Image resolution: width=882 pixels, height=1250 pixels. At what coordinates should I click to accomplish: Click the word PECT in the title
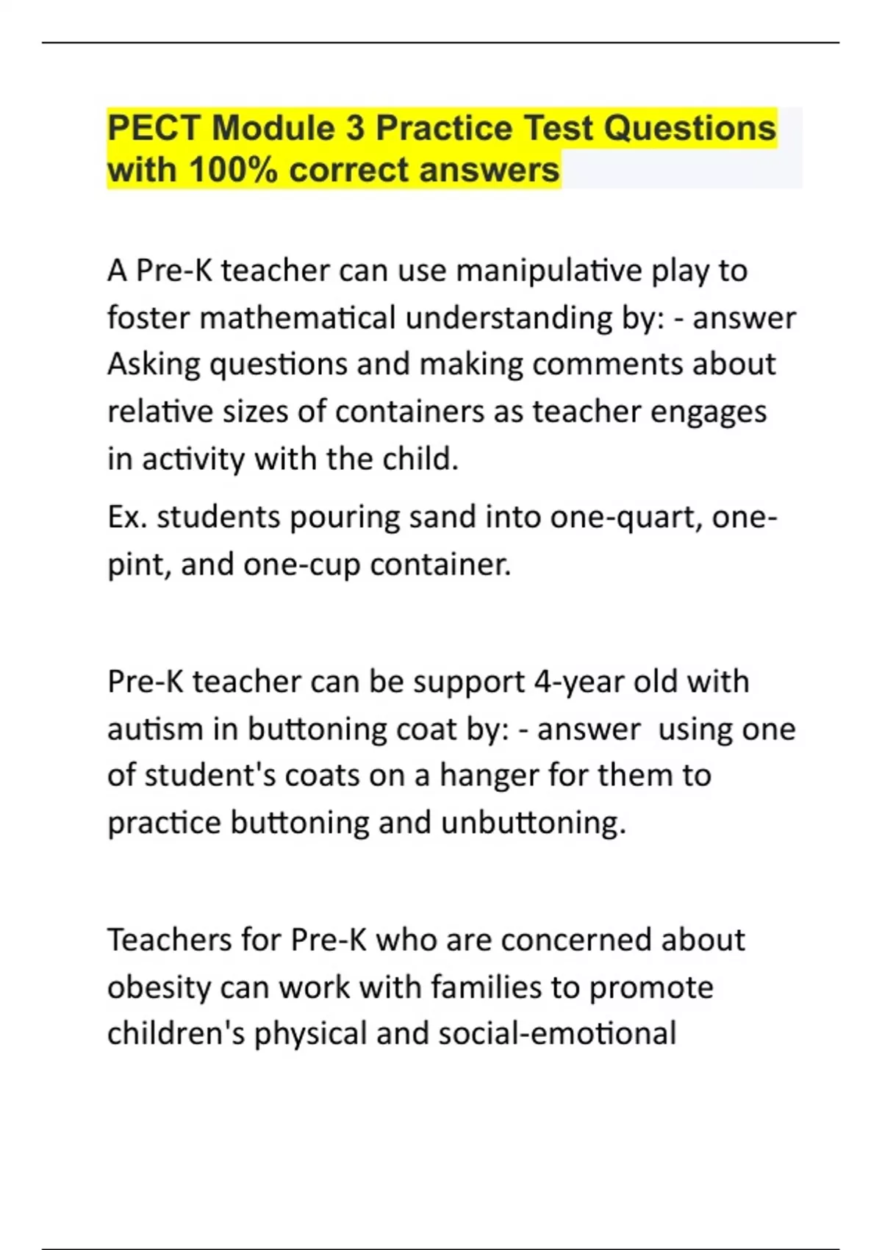(153, 128)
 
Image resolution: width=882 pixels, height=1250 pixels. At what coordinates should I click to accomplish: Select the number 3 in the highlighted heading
(355, 128)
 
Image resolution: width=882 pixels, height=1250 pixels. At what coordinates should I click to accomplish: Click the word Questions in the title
(689, 128)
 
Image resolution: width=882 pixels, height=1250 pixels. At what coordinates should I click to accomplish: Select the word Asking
(154, 365)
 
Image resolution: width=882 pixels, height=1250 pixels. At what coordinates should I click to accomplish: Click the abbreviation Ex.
(127, 517)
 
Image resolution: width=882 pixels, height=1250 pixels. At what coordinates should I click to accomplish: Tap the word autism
(155, 729)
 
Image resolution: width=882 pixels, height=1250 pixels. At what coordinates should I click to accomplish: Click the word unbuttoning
(533, 823)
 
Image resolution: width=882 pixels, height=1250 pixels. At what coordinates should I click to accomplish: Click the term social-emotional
(557, 1033)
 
